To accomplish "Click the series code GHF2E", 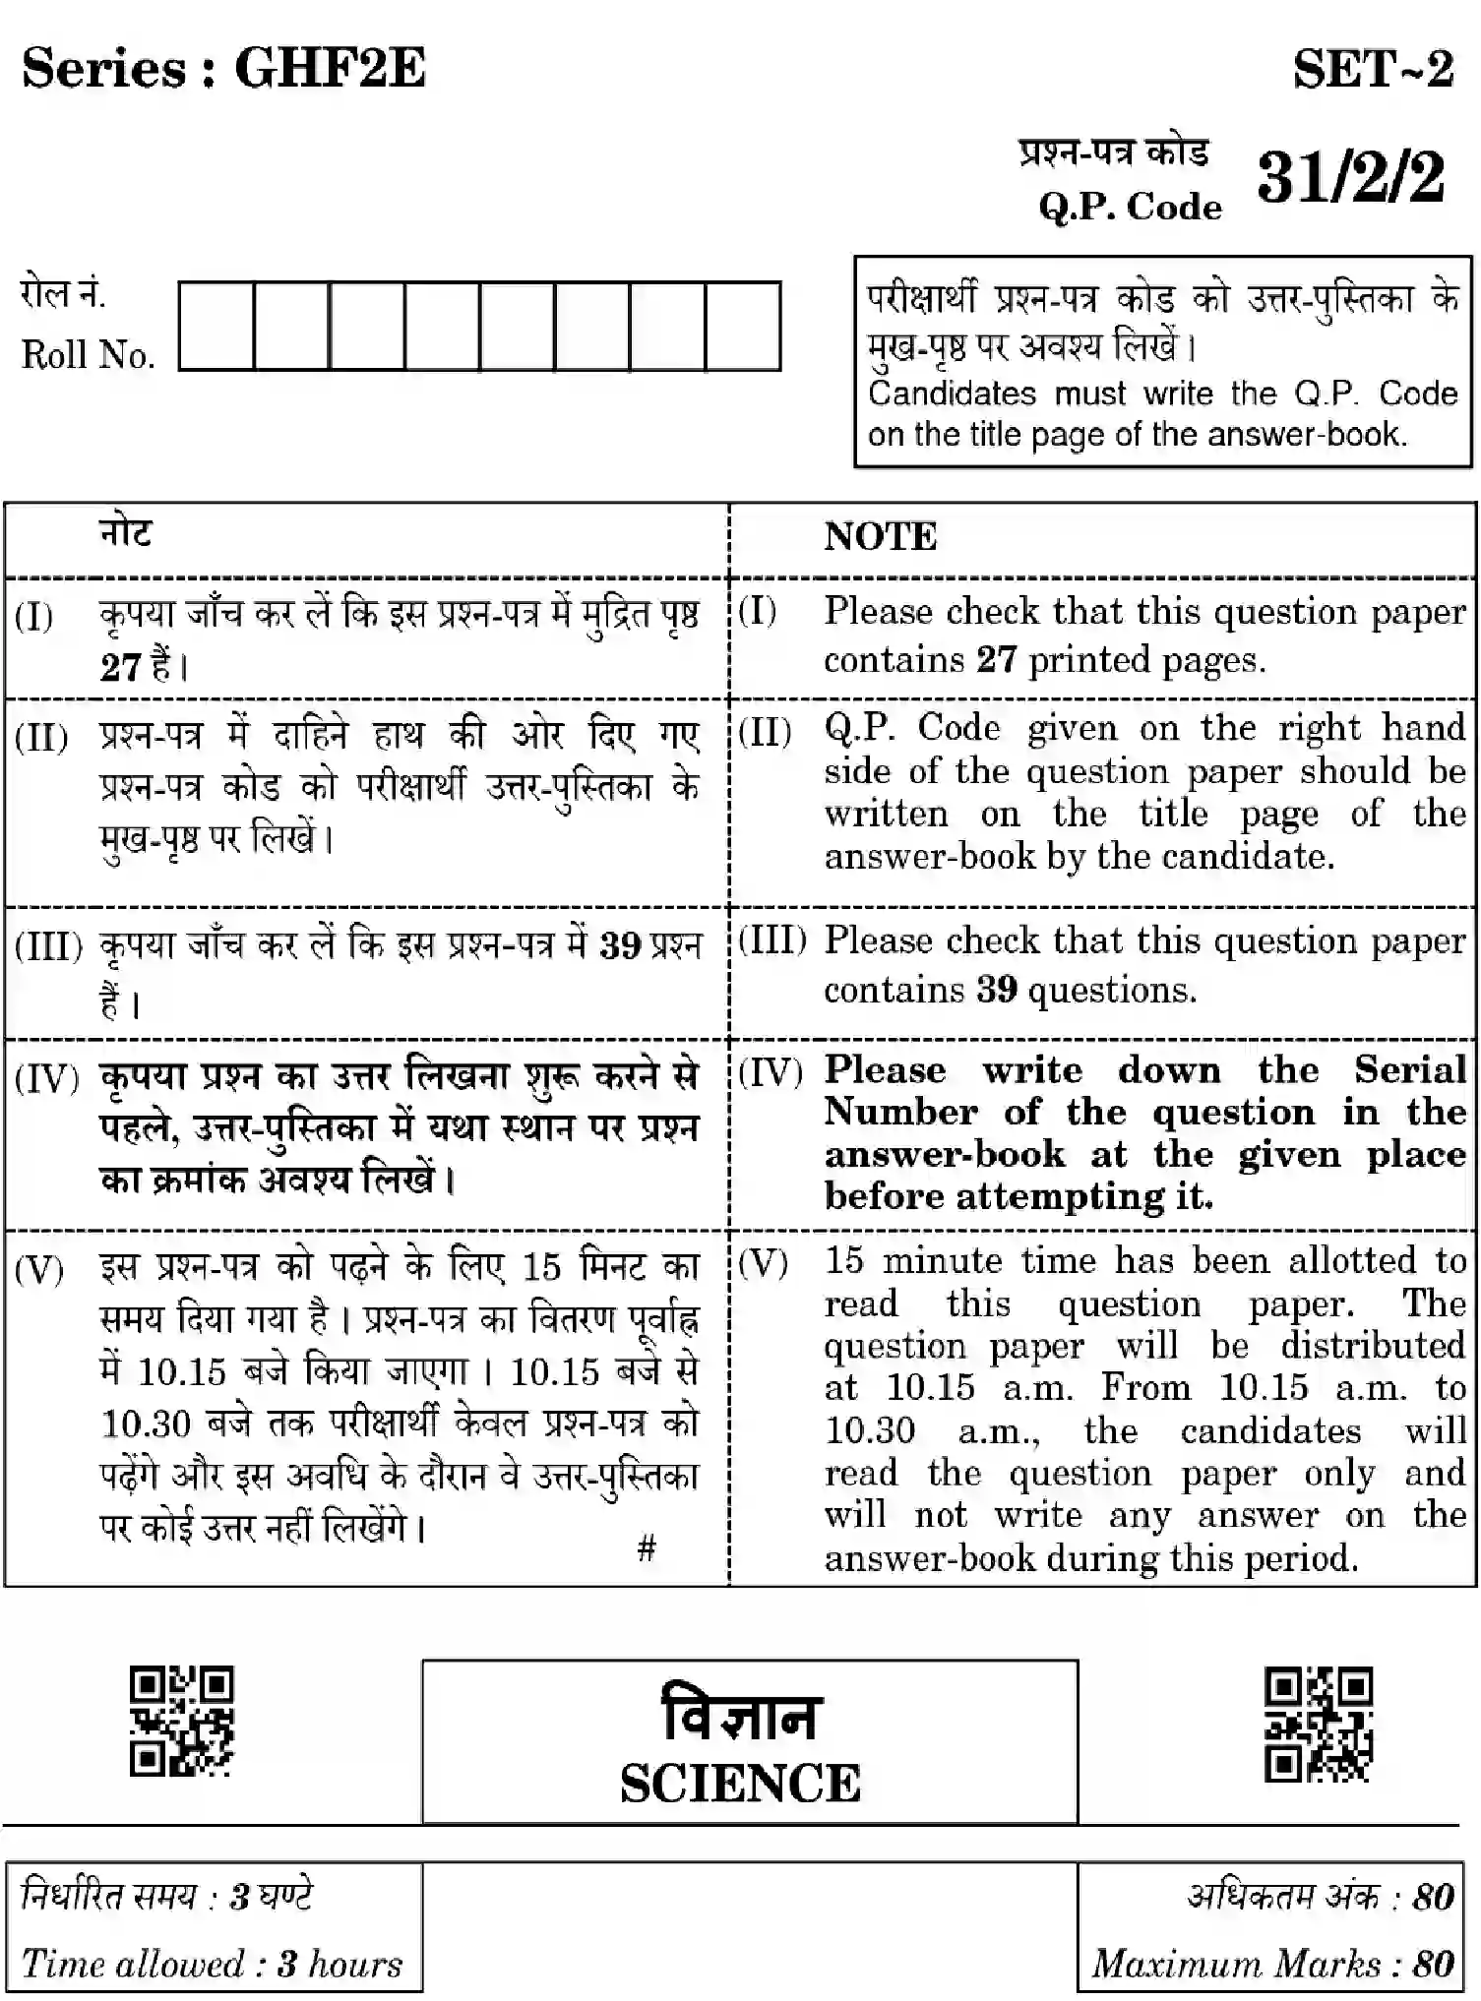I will click(x=330, y=69).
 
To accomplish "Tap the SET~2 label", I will click(x=1373, y=70).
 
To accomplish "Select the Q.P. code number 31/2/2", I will click(x=1351, y=178).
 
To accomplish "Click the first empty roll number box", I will click(x=216, y=327).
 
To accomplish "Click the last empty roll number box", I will click(x=743, y=327).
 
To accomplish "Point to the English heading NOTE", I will click(x=880, y=537).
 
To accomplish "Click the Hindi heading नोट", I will click(x=126, y=533).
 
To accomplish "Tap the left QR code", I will click(x=182, y=1721).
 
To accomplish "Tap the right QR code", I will click(x=1318, y=1724).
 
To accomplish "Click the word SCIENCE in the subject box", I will click(x=740, y=1784).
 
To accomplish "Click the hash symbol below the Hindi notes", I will click(x=647, y=1548).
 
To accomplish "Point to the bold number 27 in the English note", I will click(x=996, y=659).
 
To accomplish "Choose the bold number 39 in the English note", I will click(x=996, y=989).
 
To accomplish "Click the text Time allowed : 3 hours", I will click(x=212, y=1964).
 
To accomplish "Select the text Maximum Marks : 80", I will click(x=1272, y=1964).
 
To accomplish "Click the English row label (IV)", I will click(x=771, y=1071).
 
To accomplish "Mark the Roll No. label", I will click(x=89, y=355).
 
